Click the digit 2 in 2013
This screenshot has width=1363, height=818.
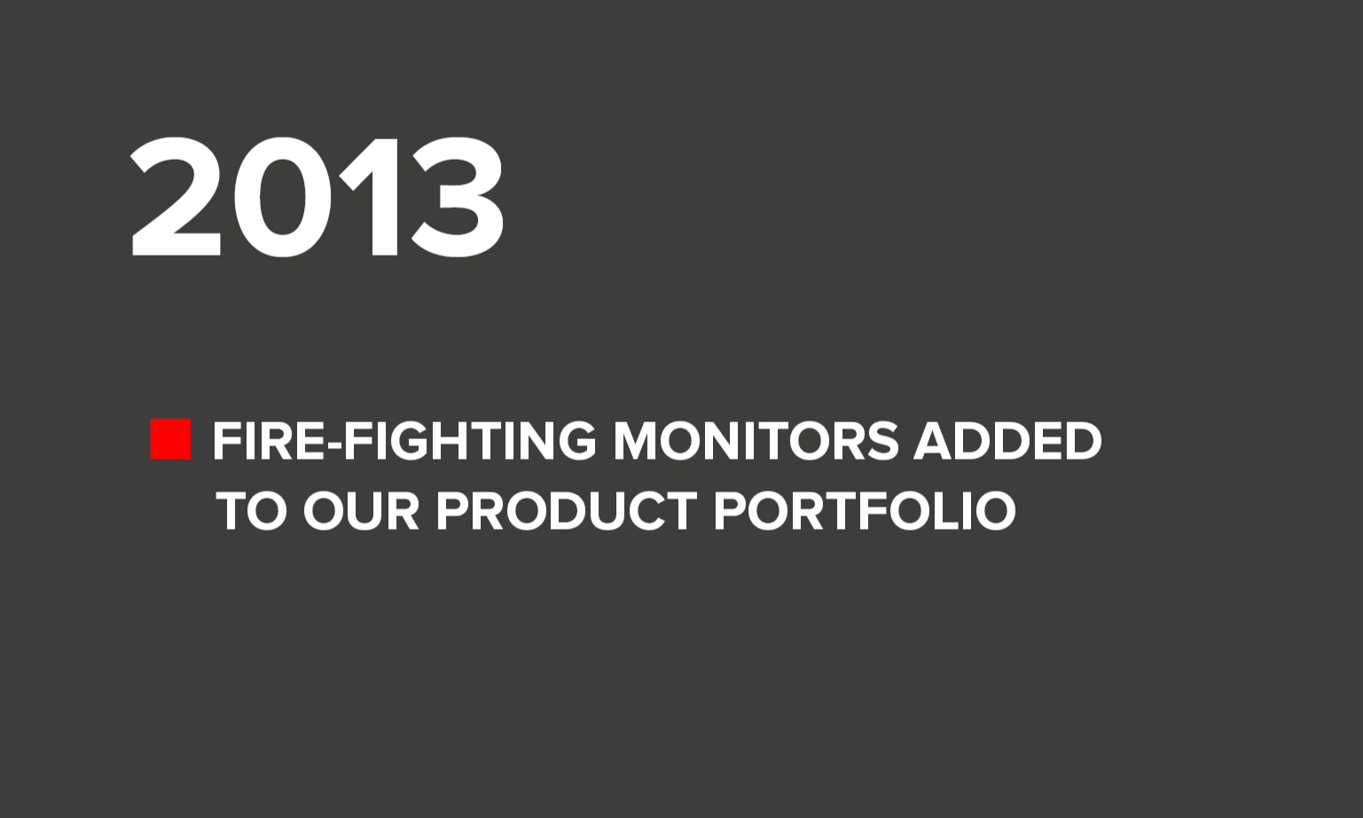point(176,197)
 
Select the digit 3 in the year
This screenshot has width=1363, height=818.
point(457,197)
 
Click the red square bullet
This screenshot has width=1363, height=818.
point(170,439)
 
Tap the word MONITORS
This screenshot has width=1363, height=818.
point(756,441)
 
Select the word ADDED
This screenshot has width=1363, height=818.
point(1007,441)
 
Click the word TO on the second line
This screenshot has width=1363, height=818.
point(251,511)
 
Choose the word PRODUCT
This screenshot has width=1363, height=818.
point(567,511)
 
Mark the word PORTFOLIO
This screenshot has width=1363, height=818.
point(865,511)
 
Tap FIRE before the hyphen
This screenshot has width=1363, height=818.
point(270,441)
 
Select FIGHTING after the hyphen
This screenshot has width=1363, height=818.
point(471,441)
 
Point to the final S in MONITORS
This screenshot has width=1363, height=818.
point(883,441)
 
